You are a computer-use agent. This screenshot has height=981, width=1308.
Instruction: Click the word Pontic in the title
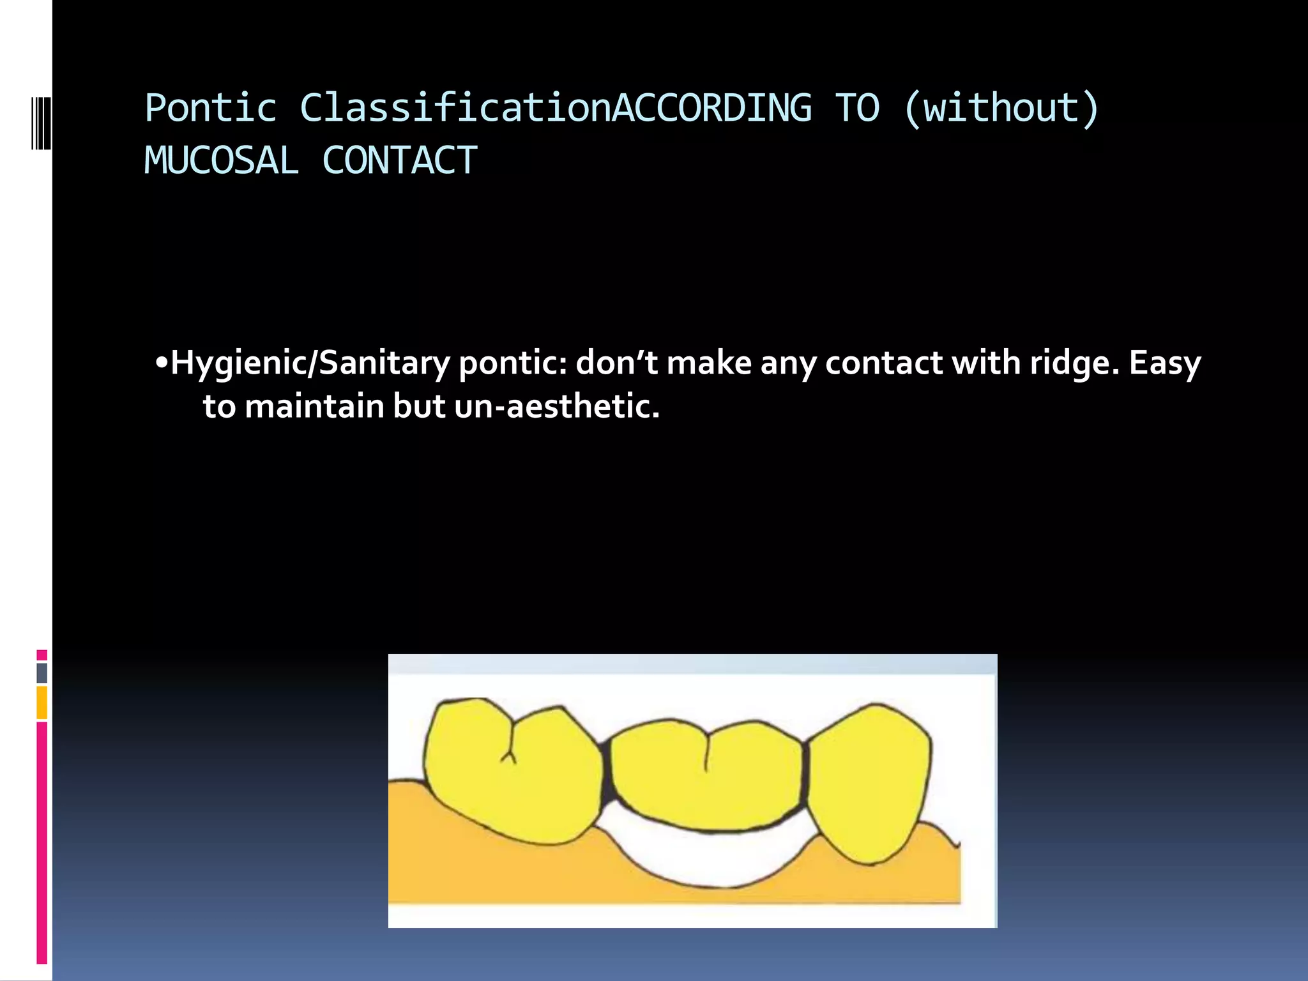pyautogui.click(x=211, y=108)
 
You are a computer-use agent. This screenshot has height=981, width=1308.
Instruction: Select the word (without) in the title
pyautogui.click(x=1001, y=108)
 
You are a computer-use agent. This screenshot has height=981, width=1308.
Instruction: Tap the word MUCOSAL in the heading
pyautogui.click(x=221, y=160)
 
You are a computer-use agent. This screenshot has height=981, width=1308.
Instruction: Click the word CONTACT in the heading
pyautogui.click(x=400, y=160)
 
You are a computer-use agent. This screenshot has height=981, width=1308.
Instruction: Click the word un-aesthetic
pyautogui.click(x=557, y=407)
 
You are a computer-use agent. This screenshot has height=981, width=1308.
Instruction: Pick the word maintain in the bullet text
pyautogui.click(x=314, y=407)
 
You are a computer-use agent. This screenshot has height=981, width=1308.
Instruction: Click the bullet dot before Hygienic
pyautogui.click(x=161, y=363)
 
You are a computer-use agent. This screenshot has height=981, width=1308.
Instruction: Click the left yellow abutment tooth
pyautogui.click(x=511, y=773)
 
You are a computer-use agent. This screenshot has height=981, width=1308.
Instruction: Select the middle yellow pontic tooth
pyautogui.click(x=706, y=776)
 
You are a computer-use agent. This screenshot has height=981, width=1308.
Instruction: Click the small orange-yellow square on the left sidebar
pyautogui.click(x=42, y=702)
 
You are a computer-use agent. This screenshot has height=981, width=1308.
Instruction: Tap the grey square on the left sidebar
pyautogui.click(x=42, y=673)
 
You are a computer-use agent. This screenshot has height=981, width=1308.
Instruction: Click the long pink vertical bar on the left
pyautogui.click(x=42, y=843)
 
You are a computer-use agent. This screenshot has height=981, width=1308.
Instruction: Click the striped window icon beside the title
pyautogui.click(x=41, y=123)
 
